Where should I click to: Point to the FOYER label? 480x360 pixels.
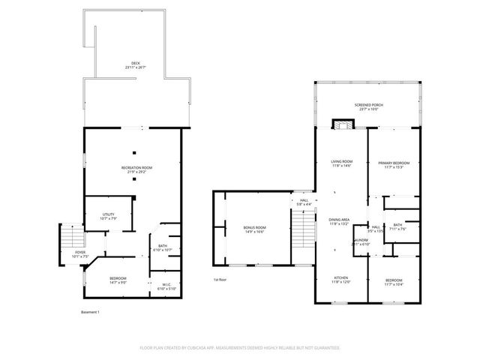point(80,254)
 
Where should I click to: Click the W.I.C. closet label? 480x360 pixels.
point(166,286)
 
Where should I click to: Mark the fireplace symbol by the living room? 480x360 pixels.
point(342,125)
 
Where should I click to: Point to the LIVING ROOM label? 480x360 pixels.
point(342,163)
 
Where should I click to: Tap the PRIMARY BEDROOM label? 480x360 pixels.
point(393,164)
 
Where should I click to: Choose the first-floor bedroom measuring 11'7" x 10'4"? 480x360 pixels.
point(393,281)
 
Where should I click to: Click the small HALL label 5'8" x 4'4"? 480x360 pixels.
point(304,202)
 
